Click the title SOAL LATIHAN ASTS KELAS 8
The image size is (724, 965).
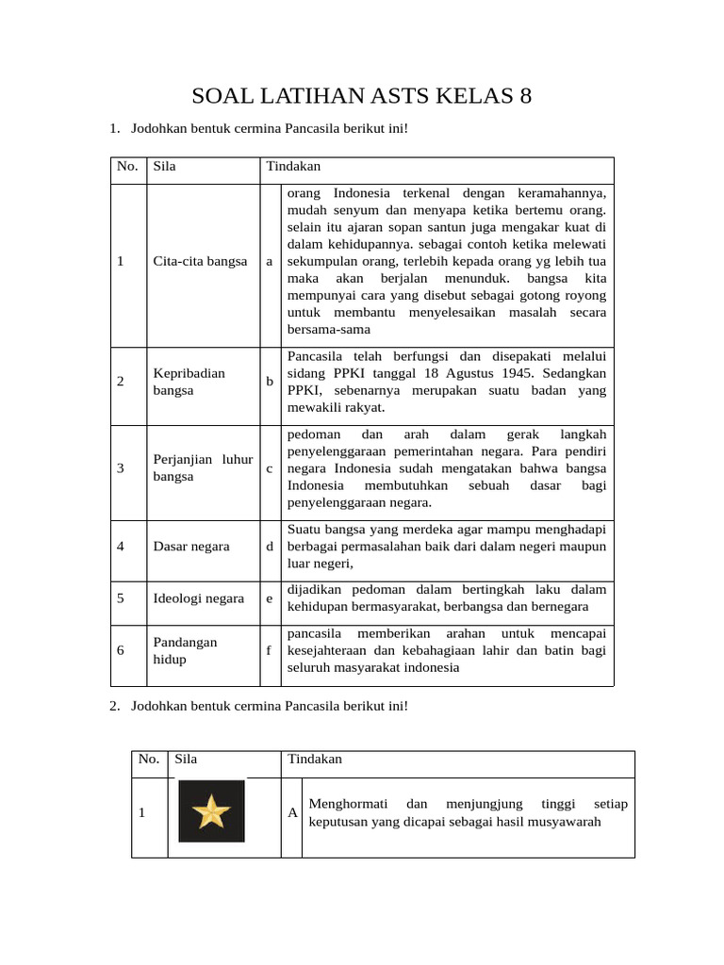[362, 96]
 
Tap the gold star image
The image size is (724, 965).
[211, 811]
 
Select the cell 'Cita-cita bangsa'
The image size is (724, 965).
[200, 261]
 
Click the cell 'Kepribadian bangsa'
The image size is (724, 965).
[189, 382]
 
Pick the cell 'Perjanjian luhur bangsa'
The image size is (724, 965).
[203, 467]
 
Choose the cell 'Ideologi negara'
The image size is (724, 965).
[198, 598]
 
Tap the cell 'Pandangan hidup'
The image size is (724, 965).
[185, 650]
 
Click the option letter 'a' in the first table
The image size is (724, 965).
[270, 261]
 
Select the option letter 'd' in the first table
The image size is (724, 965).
[270, 546]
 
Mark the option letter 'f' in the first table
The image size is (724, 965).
[270, 650]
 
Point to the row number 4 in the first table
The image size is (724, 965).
[121, 546]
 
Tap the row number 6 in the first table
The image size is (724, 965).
[121, 650]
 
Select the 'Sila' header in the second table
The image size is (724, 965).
[186, 759]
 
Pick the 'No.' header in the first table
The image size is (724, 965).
[126, 167]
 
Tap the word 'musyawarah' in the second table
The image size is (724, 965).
[569, 822]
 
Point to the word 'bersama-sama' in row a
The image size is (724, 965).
[328, 329]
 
